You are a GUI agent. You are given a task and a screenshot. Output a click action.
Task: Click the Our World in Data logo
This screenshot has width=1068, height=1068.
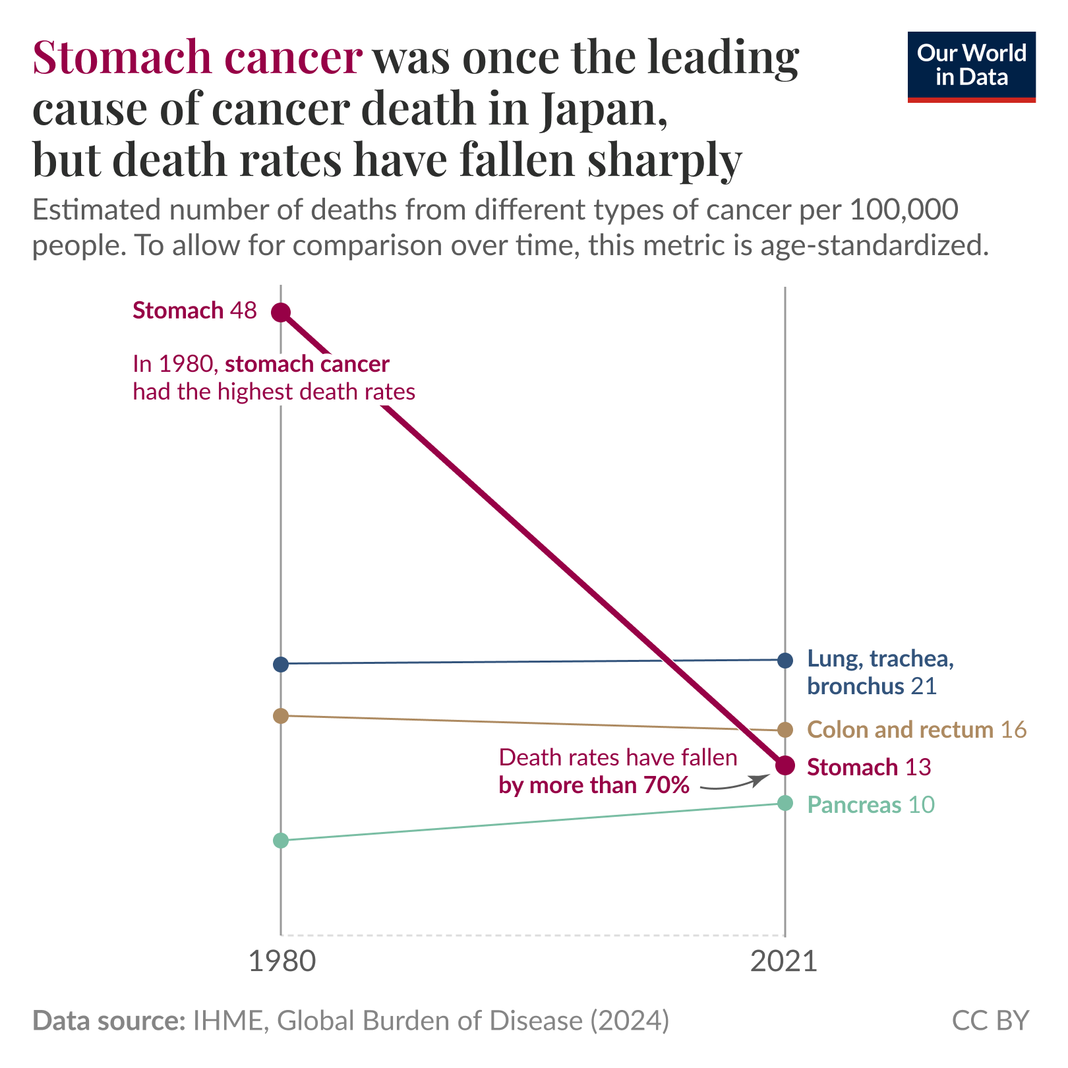click(971, 67)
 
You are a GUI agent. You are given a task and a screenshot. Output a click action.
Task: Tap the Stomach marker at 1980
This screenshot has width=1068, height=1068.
click(281, 312)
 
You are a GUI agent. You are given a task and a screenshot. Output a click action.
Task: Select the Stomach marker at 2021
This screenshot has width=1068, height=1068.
click(785, 765)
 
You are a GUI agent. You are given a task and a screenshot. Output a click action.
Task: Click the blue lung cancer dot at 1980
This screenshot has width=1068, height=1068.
click(281, 664)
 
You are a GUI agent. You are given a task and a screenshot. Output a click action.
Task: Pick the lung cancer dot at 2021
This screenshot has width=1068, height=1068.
click(785, 660)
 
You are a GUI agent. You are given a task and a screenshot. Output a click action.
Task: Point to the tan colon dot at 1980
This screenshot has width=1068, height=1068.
click(281, 715)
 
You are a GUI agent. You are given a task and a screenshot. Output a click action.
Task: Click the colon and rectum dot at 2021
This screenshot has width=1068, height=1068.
click(785, 730)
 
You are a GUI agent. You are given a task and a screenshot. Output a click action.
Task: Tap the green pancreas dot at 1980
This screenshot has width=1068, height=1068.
click(281, 841)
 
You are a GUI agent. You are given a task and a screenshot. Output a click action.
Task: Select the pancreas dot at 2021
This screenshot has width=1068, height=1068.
click(785, 803)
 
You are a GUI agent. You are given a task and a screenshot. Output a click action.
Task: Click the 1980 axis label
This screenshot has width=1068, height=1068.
click(282, 962)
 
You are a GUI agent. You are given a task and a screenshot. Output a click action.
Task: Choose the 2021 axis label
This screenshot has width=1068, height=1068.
click(784, 962)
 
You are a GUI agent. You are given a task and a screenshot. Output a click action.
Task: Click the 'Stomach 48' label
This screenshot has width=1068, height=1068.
click(194, 311)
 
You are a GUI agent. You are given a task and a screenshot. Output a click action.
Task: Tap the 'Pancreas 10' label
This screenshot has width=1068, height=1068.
click(870, 805)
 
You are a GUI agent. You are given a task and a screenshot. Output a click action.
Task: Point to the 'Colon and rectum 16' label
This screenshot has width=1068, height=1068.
click(916, 730)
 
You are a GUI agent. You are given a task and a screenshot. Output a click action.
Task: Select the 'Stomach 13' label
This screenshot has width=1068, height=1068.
click(868, 767)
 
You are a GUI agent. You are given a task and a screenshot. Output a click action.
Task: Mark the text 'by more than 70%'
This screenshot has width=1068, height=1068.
click(594, 785)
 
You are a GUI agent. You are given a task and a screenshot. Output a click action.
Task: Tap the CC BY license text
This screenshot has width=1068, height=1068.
click(990, 1021)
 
